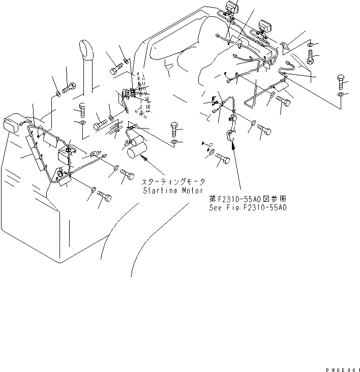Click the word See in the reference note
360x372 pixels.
point(216,207)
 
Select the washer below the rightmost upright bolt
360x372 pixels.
point(341,95)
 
